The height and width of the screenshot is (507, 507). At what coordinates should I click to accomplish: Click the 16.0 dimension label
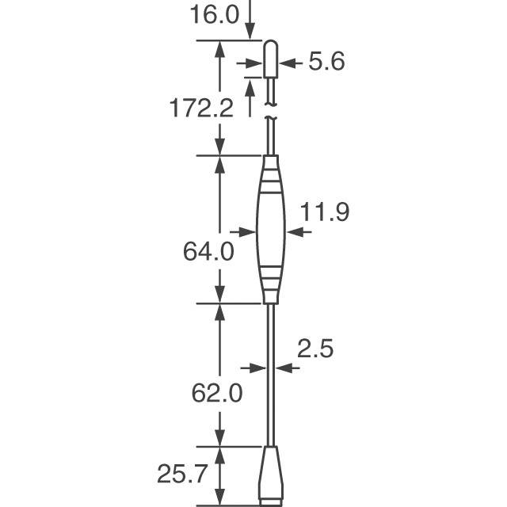coord(215,14)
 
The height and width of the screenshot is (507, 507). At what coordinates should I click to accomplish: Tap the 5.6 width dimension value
coord(326,61)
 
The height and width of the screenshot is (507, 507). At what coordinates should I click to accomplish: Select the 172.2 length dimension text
coord(201,109)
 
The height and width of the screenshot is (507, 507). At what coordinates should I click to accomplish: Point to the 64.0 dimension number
coord(208,251)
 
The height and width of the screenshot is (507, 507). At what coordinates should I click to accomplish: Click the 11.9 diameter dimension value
coord(325,212)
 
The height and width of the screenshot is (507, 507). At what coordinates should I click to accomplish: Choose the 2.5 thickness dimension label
coord(315,349)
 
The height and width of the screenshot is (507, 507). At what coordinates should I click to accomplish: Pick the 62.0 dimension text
coord(217,393)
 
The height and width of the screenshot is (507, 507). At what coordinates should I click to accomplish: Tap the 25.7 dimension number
coord(181,474)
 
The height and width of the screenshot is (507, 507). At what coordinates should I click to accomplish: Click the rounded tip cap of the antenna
coord(271,59)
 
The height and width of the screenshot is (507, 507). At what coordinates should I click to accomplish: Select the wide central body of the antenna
coord(271,230)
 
